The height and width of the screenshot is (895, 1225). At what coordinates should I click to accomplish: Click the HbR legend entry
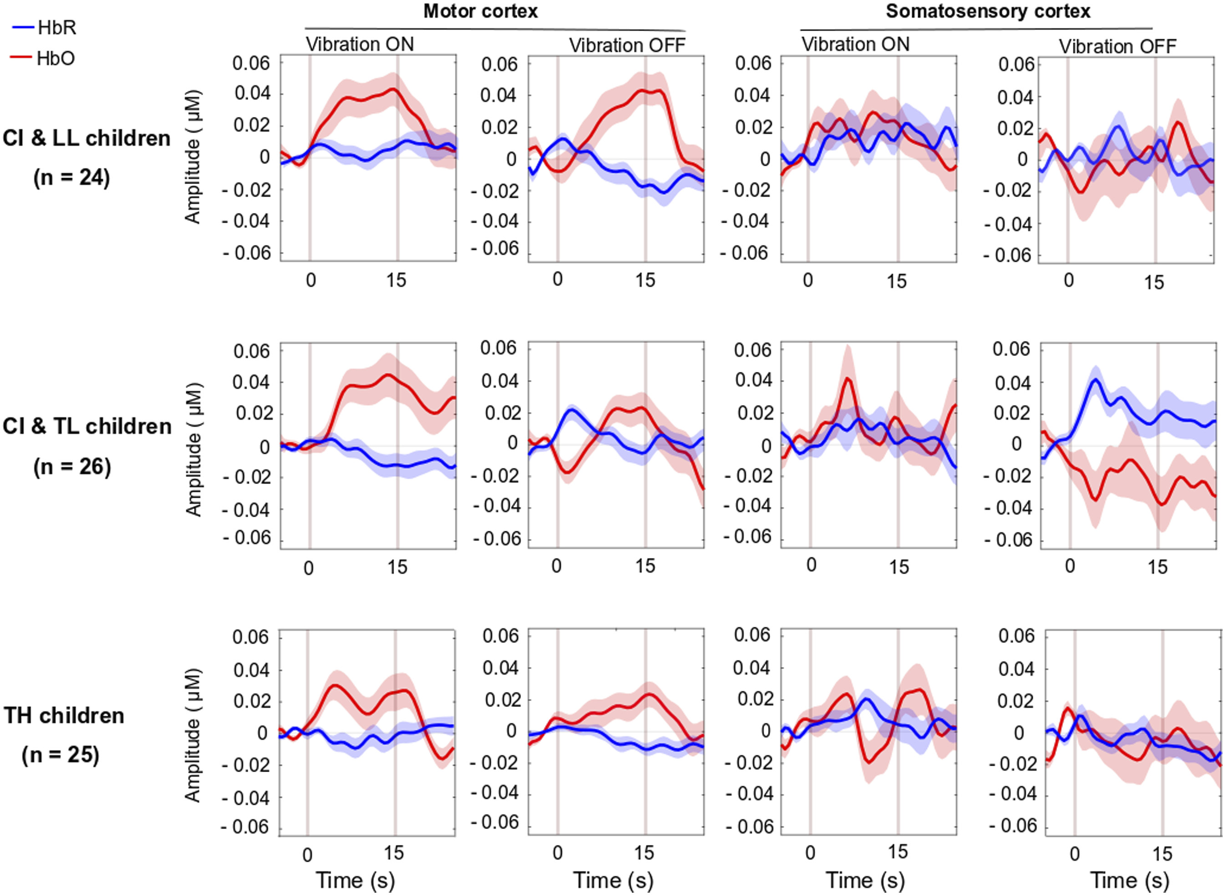(44, 28)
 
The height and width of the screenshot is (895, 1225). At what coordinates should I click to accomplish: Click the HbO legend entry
(43, 58)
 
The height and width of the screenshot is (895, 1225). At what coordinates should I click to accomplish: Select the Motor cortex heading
(480, 11)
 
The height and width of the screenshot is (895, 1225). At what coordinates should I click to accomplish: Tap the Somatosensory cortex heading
(988, 11)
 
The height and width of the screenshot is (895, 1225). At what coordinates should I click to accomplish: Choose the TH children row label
(64, 715)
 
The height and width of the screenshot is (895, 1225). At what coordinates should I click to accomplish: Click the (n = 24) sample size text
(71, 177)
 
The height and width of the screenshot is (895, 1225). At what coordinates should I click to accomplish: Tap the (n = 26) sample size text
(72, 466)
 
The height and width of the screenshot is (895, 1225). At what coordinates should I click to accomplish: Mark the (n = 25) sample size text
(61, 754)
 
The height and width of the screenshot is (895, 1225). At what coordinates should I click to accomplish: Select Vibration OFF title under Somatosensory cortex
(1118, 46)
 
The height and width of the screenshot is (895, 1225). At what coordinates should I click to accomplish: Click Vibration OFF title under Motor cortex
(627, 46)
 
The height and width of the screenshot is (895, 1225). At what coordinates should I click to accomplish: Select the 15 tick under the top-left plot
(396, 280)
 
